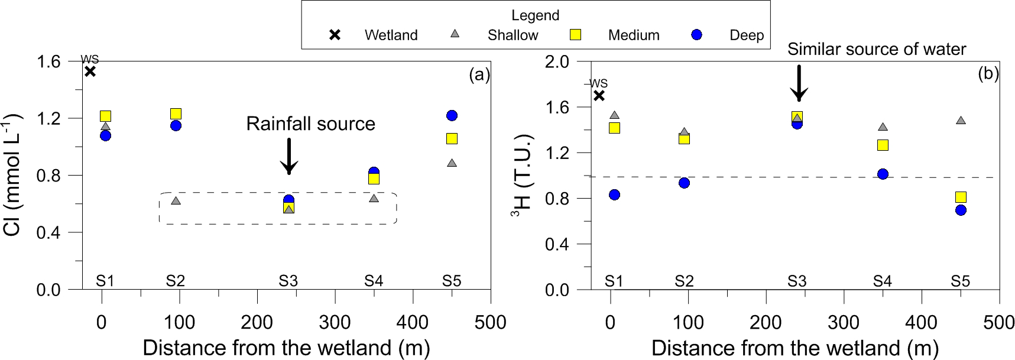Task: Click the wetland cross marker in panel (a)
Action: (90, 72)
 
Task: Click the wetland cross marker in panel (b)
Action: (599, 95)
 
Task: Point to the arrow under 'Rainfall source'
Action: (288, 157)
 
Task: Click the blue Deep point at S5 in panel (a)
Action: (452, 115)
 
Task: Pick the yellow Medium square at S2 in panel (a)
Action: (176, 113)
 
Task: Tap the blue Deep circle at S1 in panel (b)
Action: (614, 194)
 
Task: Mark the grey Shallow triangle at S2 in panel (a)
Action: (176, 201)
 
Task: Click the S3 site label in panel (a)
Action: (288, 281)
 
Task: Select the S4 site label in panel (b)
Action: (882, 281)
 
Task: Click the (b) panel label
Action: (988, 74)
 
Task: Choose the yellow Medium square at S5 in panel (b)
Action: (961, 197)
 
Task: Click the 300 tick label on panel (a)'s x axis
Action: (335, 322)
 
